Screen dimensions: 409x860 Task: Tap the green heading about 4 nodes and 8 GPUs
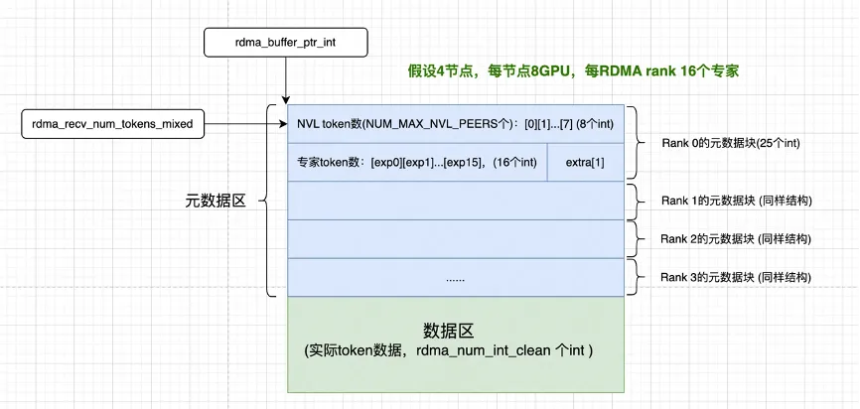coord(573,71)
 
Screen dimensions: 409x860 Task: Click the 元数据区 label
coord(214,201)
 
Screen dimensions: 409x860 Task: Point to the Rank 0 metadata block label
coord(730,143)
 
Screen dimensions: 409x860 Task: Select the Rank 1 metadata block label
coord(736,201)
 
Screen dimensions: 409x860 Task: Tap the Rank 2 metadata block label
coord(736,239)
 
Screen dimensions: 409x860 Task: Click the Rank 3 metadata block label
coord(736,277)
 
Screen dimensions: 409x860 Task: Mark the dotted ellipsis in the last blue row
coord(455,278)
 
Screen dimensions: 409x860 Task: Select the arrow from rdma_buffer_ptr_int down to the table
coord(285,79)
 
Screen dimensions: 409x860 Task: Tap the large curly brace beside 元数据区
coord(267,201)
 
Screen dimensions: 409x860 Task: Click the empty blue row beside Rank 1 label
coord(456,201)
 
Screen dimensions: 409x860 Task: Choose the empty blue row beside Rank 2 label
coord(456,239)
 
